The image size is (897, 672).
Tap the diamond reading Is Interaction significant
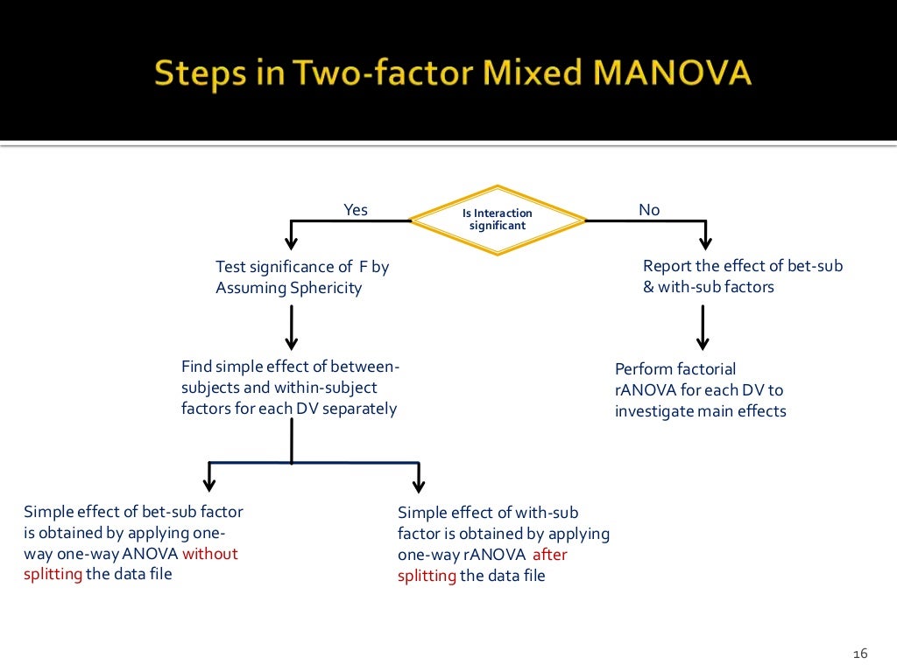point(498,220)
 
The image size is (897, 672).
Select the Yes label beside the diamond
point(356,210)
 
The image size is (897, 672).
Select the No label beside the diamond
point(649,210)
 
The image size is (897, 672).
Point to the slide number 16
point(859,654)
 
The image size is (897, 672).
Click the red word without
point(210,553)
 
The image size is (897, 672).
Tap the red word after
point(550,555)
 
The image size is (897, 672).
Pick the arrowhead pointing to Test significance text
point(292,242)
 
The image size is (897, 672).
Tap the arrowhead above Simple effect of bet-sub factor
point(208,484)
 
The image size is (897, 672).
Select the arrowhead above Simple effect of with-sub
point(418,484)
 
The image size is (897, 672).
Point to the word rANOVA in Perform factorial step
point(645,390)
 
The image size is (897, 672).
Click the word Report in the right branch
point(668,266)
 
